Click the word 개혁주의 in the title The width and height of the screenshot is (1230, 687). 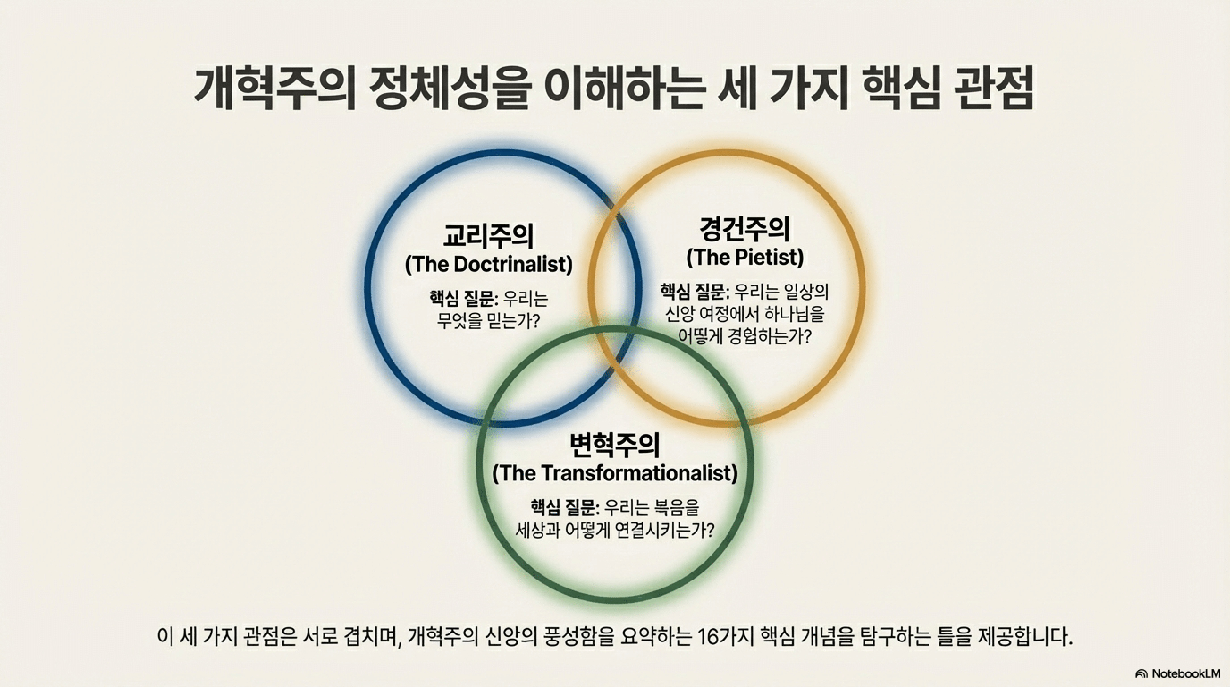pyautogui.click(x=274, y=89)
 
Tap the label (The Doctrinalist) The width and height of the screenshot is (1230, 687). pyautogui.click(x=488, y=265)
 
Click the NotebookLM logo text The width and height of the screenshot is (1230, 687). pyautogui.click(x=1185, y=674)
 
